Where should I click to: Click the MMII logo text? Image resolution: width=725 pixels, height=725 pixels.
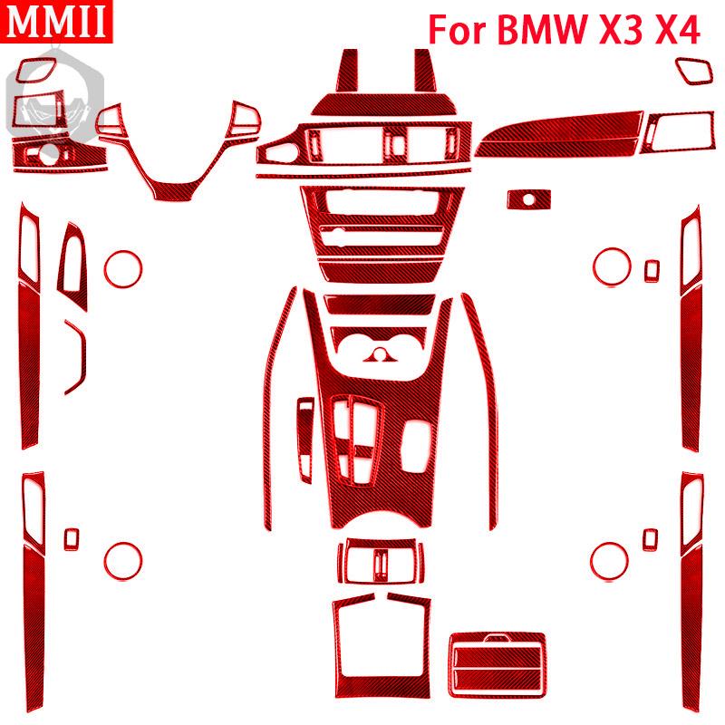pos(56,21)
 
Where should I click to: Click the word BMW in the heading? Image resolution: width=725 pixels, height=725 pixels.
pos(541,30)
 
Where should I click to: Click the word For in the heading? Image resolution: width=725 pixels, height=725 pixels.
pos(458,30)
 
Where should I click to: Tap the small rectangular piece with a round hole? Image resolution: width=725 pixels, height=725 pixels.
pos(529,199)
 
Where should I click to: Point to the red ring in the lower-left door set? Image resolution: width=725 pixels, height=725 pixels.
pos(123,542)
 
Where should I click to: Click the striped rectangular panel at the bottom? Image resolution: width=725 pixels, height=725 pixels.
pos(498,665)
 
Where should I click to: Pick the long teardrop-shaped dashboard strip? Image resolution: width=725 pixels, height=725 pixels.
pos(558,134)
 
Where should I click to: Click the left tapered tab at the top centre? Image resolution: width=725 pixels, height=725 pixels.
pos(347,71)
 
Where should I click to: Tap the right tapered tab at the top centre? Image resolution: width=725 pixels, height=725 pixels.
pos(425,71)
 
